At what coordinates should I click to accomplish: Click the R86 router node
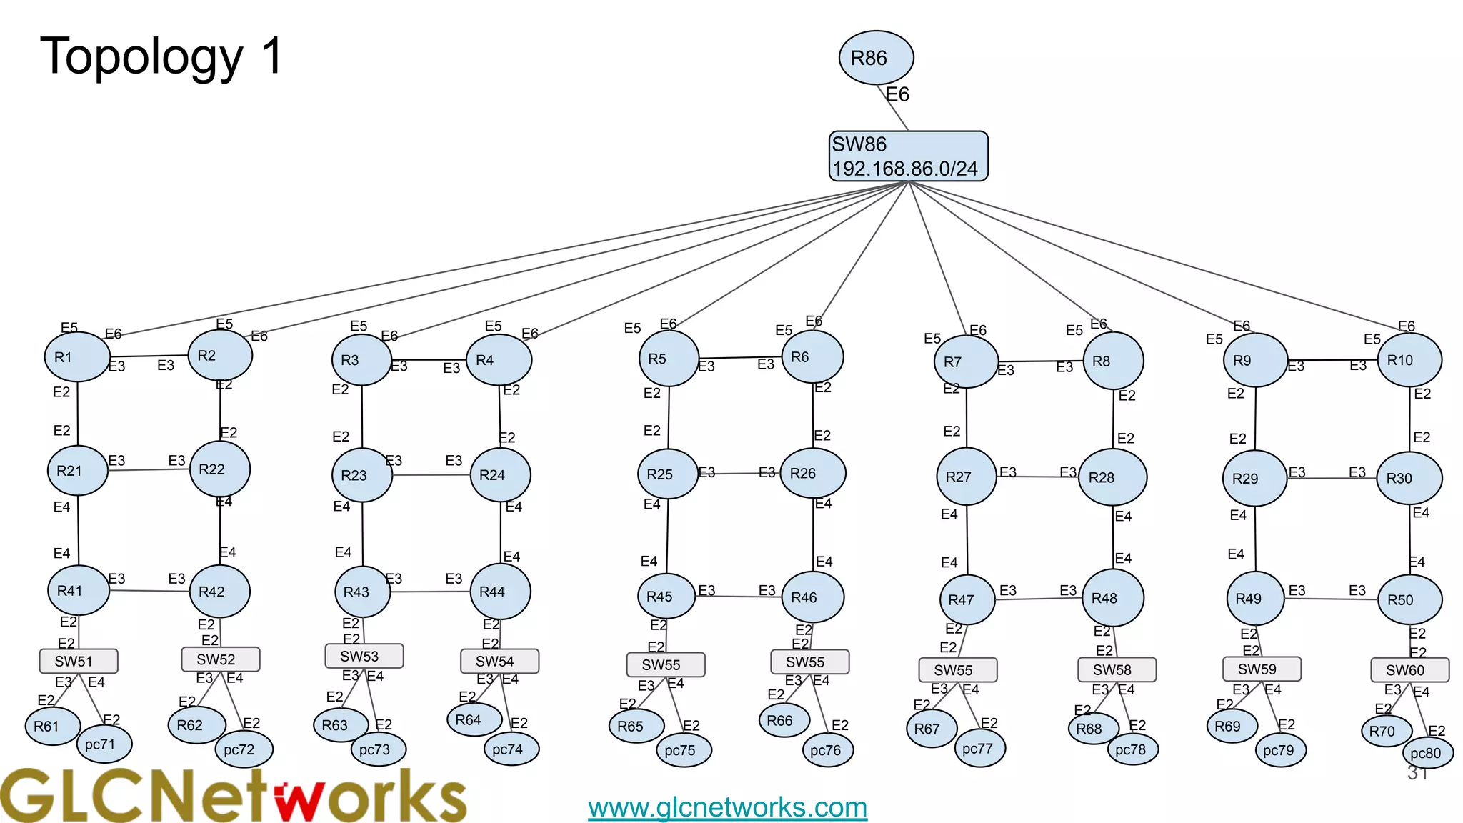(876, 58)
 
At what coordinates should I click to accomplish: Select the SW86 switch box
(908, 156)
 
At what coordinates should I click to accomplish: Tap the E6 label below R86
(897, 95)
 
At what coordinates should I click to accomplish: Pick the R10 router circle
(1409, 360)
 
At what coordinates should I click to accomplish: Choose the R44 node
(500, 592)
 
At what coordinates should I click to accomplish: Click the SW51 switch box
(79, 661)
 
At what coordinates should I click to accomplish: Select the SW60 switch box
(1409, 670)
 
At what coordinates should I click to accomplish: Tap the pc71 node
(104, 744)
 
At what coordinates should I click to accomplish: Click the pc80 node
(1427, 753)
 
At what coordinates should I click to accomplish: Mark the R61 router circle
(52, 726)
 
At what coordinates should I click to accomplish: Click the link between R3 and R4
(429, 359)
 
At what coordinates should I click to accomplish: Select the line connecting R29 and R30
(1332, 478)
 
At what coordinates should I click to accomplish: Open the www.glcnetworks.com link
(727, 807)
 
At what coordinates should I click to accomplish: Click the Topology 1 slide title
(162, 56)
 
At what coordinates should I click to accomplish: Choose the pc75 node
(684, 750)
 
